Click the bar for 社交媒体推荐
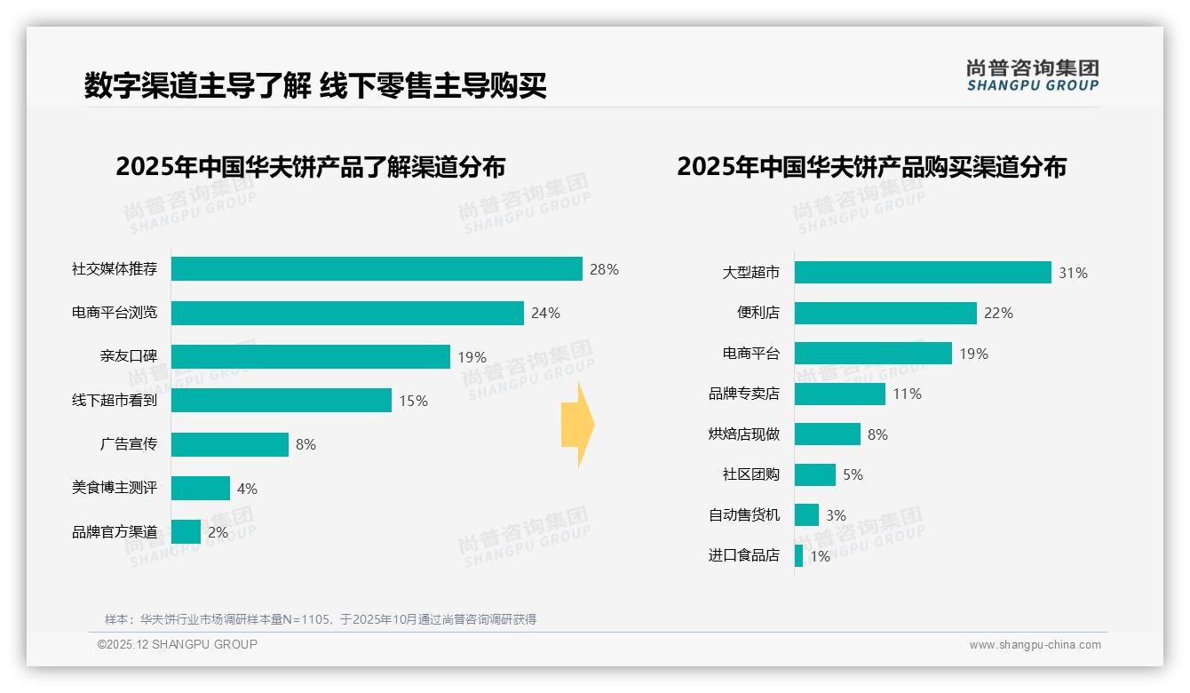tap(377, 269)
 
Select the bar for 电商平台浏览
tap(347, 313)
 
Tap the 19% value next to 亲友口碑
tap(472, 357)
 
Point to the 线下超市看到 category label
tap(115, 401)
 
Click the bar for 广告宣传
tap(230, 444)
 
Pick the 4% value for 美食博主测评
tap(248, 489)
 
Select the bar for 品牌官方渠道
tap(186, 532)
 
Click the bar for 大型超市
tap(923, 273)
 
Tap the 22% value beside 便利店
tap(998, 313)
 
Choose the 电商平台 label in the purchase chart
tap(751, 354)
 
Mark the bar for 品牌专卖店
tap(840, 394)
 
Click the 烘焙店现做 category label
tap(744, 434)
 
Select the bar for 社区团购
tap(815, 474)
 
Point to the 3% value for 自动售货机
tap(836, 515)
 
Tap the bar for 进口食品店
tap(799, 556)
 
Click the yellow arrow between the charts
tap(578, 426)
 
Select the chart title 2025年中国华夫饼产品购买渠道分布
tap(871, 167)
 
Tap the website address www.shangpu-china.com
tap(1035, 645)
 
